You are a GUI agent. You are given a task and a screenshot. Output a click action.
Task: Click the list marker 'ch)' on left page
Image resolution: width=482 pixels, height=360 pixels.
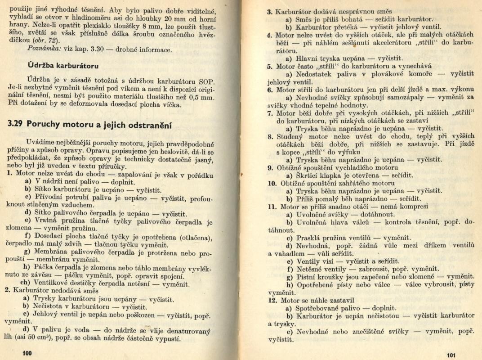26,284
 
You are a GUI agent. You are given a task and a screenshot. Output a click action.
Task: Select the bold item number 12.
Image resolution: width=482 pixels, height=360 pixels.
271,300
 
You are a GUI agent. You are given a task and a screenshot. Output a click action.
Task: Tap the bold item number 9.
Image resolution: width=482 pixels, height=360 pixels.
270,167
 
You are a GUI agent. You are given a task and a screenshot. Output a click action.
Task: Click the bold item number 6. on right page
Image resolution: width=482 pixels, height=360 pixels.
270,89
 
